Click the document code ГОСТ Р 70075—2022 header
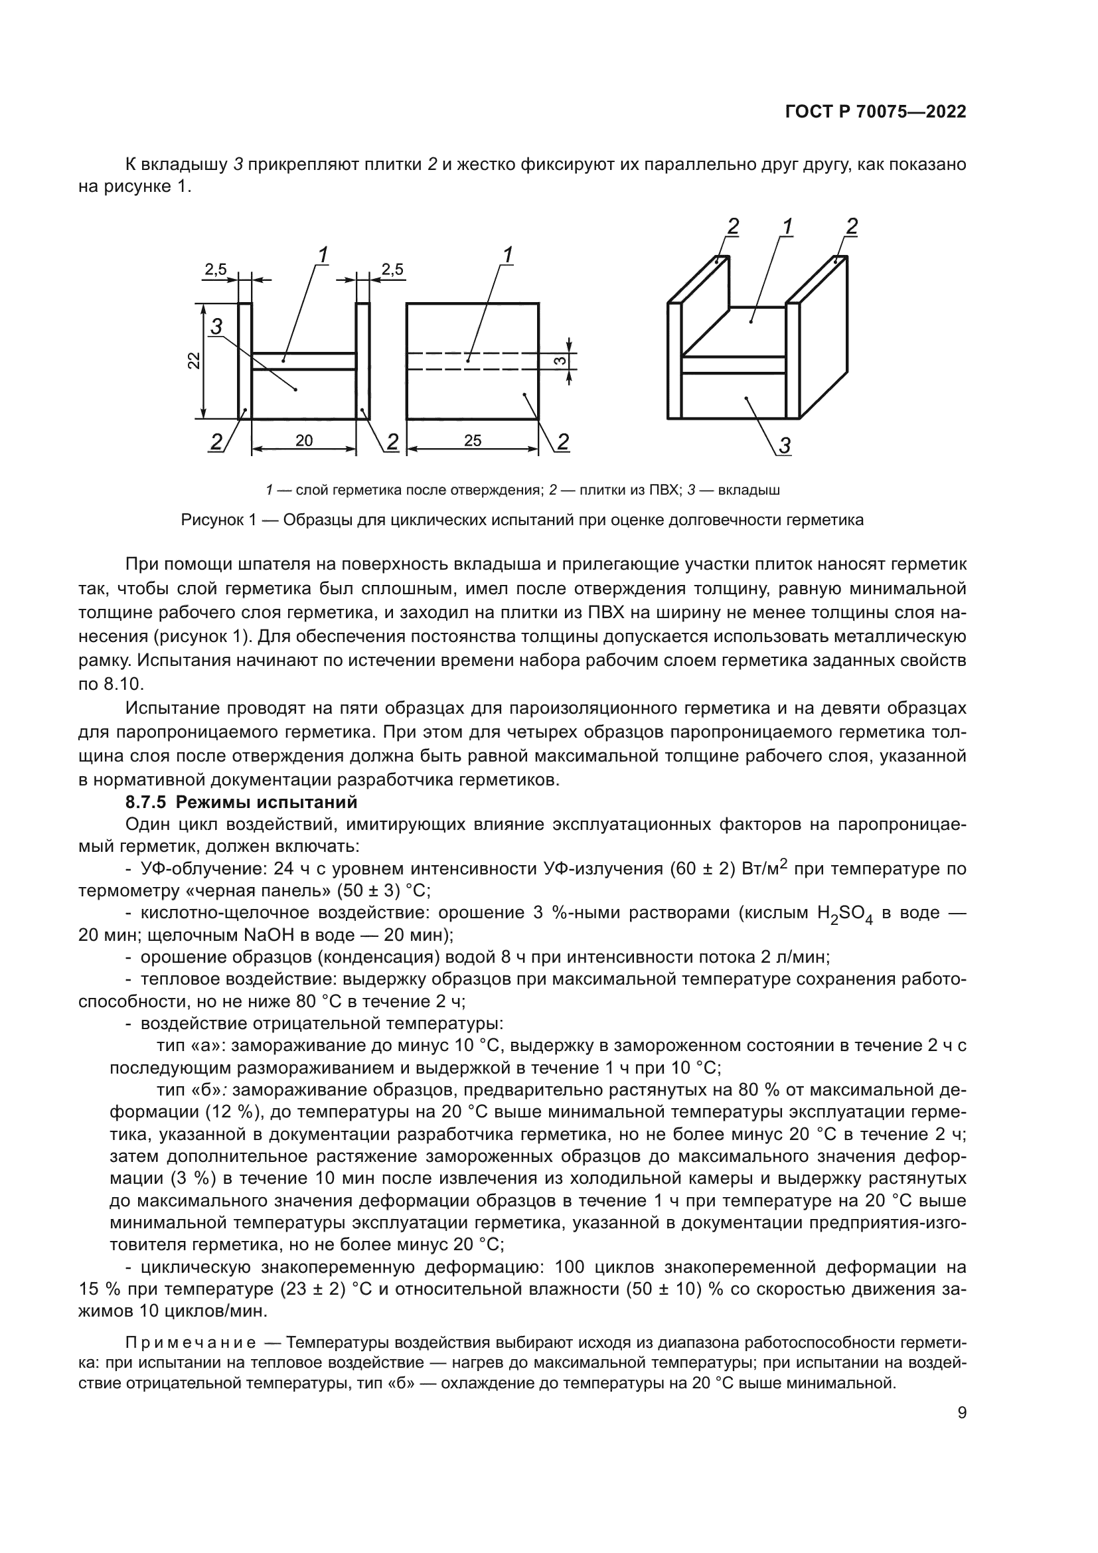(x=876, y=112)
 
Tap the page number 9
(x=962, y=1413)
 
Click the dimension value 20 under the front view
(x=304, y=441)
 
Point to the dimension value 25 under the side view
(x=473, y=441)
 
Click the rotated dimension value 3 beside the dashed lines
(x=560, y=361)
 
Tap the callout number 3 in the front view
(x=216, y=327)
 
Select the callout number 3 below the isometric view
(x=785, y=446)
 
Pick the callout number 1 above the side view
(x=507, y=254)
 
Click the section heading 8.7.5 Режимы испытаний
(x=242, y=802)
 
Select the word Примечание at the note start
(x=191, y=1341)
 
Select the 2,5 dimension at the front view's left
(x=216, y=270)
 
